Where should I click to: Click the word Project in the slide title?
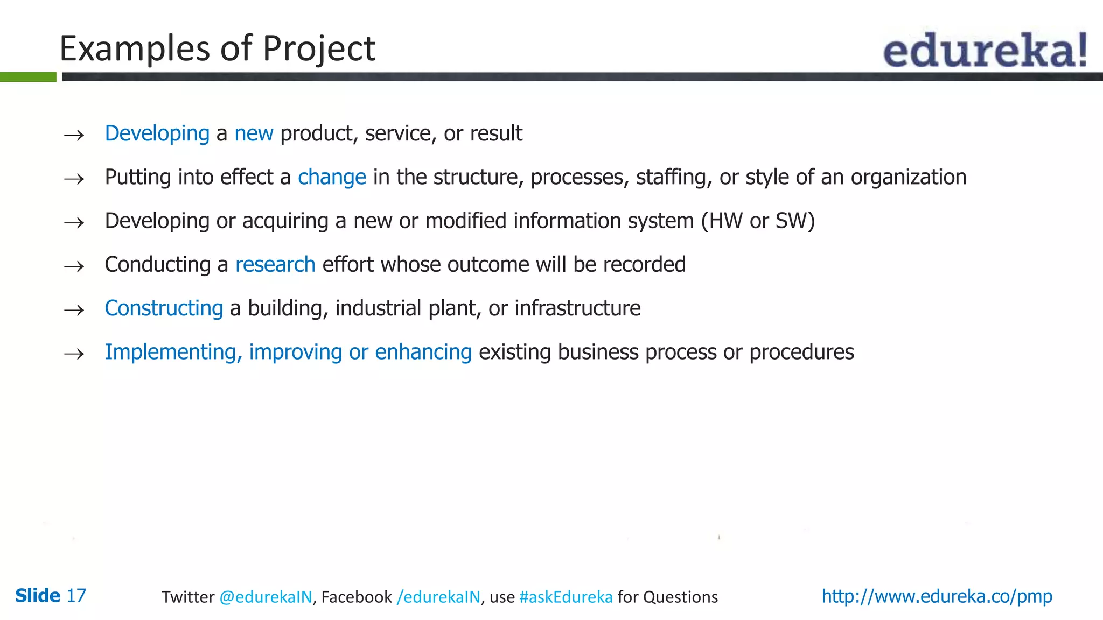[x=318, y=49]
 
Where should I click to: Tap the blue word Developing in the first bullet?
[x=157, y=133]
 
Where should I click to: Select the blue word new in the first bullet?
[x=254, y=133]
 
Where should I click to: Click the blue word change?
[x=332, y=178]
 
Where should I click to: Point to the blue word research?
[x=275, y=265]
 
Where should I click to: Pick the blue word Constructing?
[x=164, y=308]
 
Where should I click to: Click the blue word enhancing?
[x=423, y=352]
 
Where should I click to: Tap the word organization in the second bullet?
[x=909, y=177]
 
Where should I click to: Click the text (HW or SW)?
[x=758, y=221]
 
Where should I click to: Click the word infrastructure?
[x=577, y=308]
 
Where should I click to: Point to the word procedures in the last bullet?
[x=801, y=352]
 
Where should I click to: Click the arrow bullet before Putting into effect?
[x=74, y=179]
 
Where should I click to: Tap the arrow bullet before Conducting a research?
[x=74, y=266]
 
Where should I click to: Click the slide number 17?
[x=76, y=596]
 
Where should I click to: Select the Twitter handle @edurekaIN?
[x=266, y=597]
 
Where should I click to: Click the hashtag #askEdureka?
[x=566, y=597]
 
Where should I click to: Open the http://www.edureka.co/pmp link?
[x=937, y=596]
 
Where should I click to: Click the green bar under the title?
[x=28, y=77]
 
